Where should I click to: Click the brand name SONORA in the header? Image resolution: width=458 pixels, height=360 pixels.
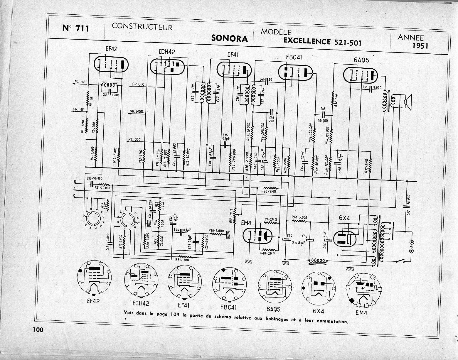coord(230,39)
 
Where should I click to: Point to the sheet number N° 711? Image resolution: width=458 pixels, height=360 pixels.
coord(76,28)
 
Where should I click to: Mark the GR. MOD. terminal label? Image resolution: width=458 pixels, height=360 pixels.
coord(137,111)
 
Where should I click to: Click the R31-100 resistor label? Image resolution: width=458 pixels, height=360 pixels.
coord(182,259)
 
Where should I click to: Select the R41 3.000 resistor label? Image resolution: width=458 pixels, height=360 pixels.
coord(299,217)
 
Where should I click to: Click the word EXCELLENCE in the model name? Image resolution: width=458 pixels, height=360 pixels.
coord(307,41)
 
